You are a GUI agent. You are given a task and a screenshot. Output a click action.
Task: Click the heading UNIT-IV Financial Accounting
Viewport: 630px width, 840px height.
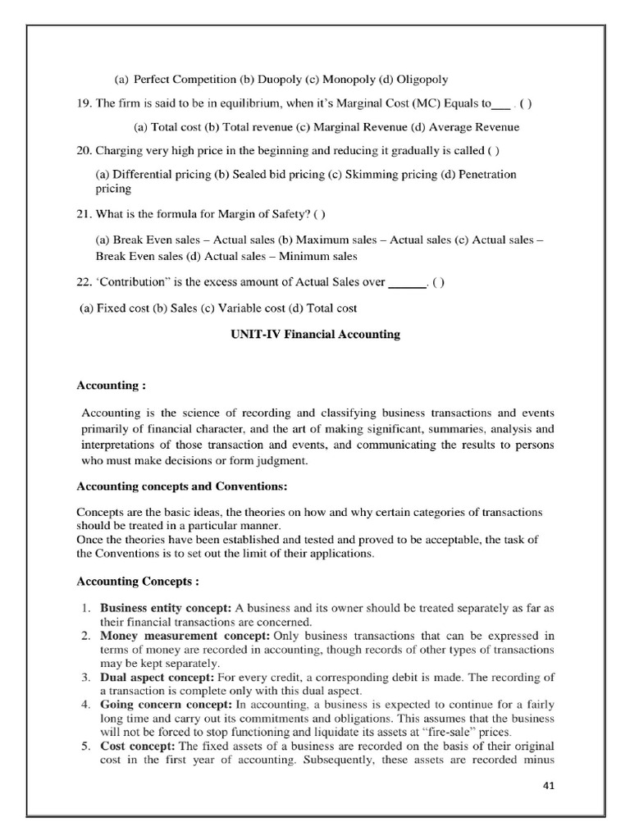click(x=314, y=334)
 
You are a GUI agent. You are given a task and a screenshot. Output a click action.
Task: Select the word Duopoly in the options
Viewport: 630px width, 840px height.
click(x=277, y=80)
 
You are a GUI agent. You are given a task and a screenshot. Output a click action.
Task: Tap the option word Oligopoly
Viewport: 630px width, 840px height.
click(x=422, y=80)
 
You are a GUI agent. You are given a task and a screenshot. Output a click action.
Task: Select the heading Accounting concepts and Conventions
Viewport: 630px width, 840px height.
click(x=181, y=486)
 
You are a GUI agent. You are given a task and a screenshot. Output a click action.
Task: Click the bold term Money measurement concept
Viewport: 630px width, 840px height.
click(x=176, y=635)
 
